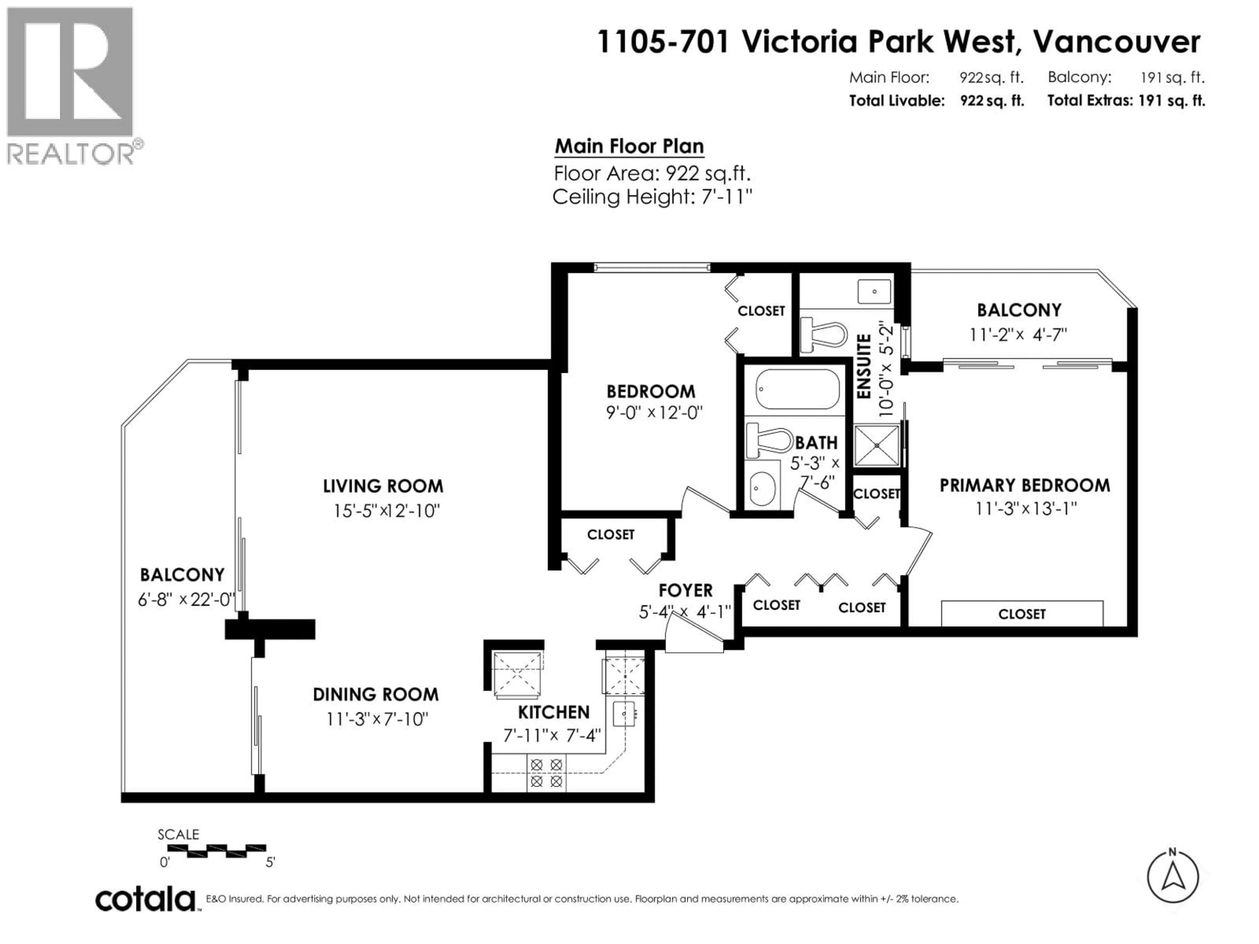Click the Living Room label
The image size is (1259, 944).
[x=383, y=486]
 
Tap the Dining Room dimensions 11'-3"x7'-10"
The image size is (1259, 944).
[x=377, y=719]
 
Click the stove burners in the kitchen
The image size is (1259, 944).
[x=547, y=773]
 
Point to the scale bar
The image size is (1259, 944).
[x=216, y=851]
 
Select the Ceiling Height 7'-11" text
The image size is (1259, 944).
[x=652, y=197]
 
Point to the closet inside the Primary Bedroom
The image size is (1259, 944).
[x=1022, y=614]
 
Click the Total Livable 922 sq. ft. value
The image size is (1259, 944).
[x=992, y=101]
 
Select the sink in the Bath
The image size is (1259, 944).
[x=762, y=488]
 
